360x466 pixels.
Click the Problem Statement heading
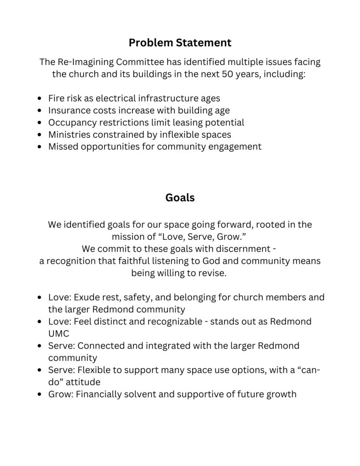point(180,43)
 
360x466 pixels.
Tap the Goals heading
point(180,198)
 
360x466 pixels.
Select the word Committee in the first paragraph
point(141,62)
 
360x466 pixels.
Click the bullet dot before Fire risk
point(41,98)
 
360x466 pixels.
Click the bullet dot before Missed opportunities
point(41,147)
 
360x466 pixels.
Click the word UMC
point(59,334)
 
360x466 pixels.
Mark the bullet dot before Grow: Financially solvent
point(41,394)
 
